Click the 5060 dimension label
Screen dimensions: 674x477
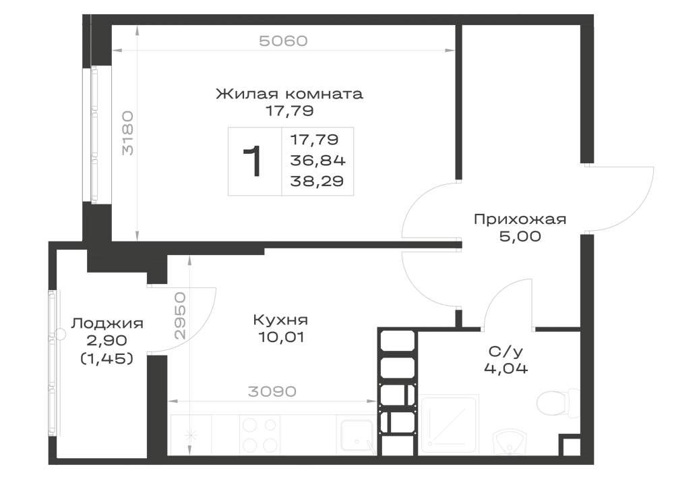pos(283,41)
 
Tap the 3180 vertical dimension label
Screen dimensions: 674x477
pos(127,133)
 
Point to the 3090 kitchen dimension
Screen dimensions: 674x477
pos(272,391)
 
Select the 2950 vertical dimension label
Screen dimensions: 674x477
pos(180,316)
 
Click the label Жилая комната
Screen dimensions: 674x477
pos(289,94)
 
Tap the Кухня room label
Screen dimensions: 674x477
pos(280,320)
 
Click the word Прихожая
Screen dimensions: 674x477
pos(520,219)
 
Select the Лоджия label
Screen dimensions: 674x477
pos(107,323)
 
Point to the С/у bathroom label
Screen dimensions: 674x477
pos(506,352)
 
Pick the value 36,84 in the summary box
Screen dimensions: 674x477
pos(317,161)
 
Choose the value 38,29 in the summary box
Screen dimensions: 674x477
pos(317,181)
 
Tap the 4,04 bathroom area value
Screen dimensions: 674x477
pos(506,368)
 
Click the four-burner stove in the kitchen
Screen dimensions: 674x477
pos(259,434)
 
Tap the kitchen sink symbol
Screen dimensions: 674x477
pos(357,436)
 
